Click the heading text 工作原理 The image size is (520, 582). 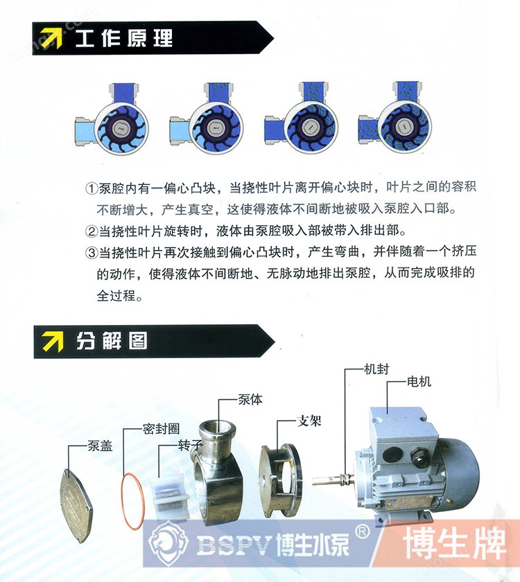[124, 38]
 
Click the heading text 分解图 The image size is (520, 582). [112, 341]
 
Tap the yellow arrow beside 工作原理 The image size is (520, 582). [51, 38]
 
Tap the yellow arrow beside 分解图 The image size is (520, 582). [53, 341]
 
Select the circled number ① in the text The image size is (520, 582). [92, 188]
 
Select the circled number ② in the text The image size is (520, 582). [92, 231]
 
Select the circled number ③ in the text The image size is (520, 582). [92, 253]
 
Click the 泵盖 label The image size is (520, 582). [100, 446]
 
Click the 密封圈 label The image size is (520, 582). [161, 429]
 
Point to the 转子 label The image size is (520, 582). [190, 445]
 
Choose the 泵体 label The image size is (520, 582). [250, 399]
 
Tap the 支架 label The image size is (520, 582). [309, 421]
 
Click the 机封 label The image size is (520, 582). [376, 369]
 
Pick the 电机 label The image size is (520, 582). [419, 381]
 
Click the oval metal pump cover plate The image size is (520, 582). [76, 506]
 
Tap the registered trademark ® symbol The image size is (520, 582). [363, 532]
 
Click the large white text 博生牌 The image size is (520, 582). [455, 543]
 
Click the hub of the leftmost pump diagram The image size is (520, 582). [120, 128]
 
